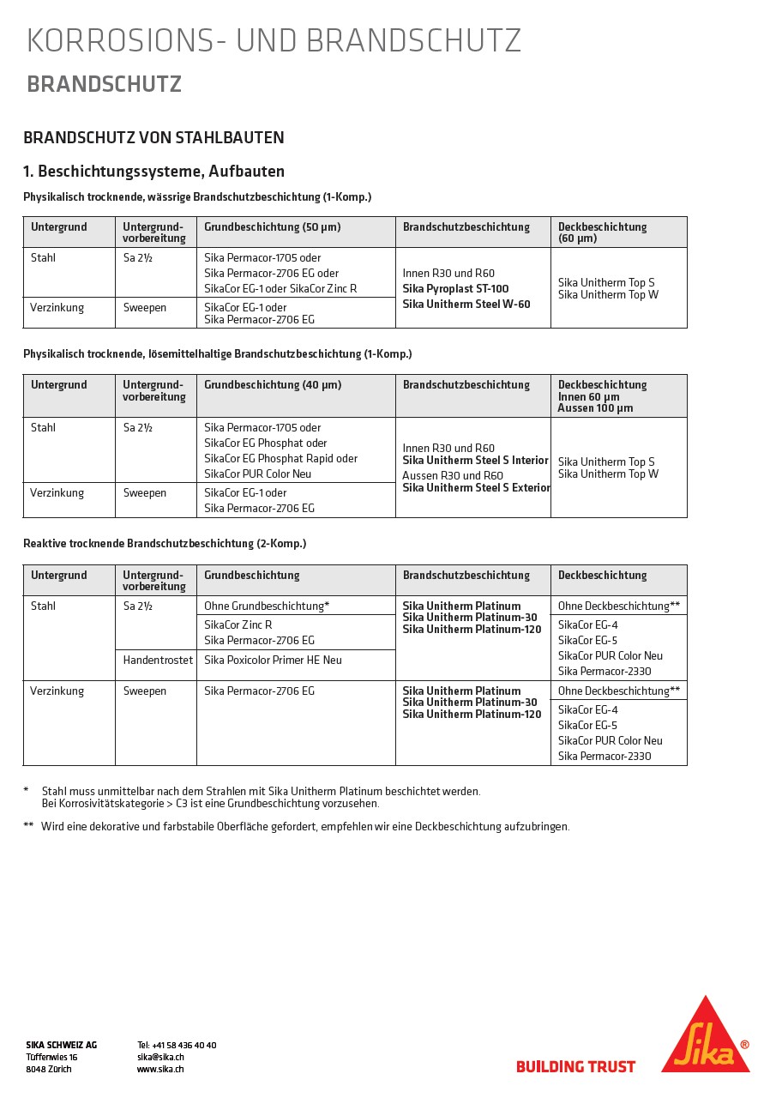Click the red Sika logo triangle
click(705, 1039)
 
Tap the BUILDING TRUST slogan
click(575, 1067)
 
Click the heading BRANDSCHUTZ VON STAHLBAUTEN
click(153, 138)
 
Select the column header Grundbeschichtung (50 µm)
click(272, 227)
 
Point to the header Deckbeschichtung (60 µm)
click(602, 232)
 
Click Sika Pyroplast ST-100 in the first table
click(455, 289)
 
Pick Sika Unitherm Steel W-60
click(466, 305)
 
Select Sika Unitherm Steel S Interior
click(475, 461)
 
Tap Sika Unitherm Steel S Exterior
click(476, 488)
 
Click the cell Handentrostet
click(158, 660)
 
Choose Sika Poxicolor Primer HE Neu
click(273, 660)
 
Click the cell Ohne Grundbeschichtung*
click(267, 606)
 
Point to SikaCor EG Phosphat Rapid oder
click(280, 458)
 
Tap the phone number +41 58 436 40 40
click(177, 1045)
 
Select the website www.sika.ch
click(160, 1069)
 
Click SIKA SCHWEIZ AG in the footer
click(61, 1045)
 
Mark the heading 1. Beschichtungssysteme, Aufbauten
click(153, 172)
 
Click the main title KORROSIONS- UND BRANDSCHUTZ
click(274, 41)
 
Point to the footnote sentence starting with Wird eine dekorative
click(304, 827)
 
